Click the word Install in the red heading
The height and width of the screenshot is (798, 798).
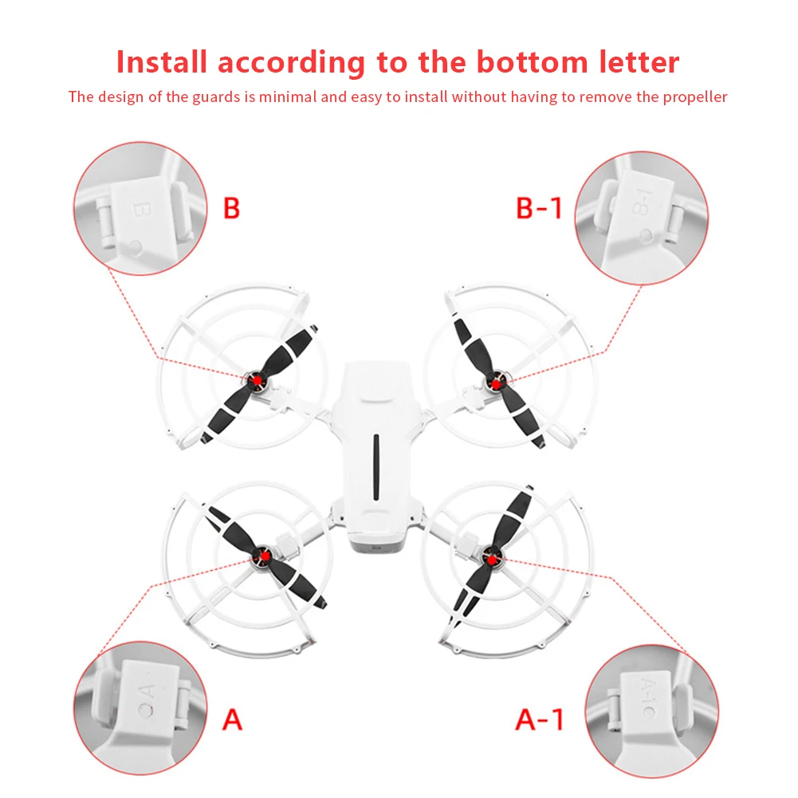(161, 62)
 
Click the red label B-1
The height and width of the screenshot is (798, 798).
(539, 208)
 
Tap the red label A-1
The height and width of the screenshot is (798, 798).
(540, 719)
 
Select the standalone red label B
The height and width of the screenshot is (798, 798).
(231, 208)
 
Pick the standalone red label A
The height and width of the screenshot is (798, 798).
(233, 719)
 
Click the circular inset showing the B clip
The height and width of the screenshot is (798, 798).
(140, 209)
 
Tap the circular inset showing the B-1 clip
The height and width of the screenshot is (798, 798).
(641, 218)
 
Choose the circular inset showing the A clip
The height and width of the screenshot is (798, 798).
(140, 708)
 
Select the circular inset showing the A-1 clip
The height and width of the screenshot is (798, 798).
(652, 711)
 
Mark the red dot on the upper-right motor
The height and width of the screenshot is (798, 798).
(496, 384)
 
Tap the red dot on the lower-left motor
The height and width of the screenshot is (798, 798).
(263, 556)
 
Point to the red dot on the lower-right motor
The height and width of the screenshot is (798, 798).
(492, 560)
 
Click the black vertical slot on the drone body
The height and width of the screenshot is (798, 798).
(376, 467)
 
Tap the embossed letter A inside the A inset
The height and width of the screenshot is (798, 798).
(146, 693)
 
